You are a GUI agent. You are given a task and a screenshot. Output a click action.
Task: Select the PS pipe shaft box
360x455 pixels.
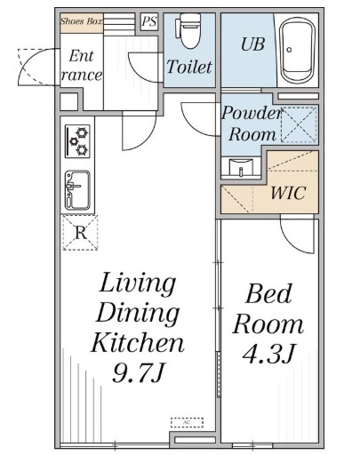point(149,21)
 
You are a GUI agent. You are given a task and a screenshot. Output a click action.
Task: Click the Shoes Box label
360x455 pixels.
point(82,21)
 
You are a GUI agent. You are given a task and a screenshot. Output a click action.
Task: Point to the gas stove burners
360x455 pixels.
point(77,141)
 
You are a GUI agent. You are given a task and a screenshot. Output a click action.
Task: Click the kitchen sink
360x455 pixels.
point(77,190)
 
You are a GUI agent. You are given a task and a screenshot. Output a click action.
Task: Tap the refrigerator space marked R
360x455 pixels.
point(80,233)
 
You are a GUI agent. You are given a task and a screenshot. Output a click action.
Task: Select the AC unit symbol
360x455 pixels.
point(187,422)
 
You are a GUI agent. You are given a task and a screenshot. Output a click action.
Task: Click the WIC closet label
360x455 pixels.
point(288,193)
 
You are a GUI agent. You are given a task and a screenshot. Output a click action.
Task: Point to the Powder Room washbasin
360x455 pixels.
point(241,168)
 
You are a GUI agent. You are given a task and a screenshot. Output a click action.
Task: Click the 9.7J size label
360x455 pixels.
point(138,372)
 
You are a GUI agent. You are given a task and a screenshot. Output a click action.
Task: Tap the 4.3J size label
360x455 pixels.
point(268,354)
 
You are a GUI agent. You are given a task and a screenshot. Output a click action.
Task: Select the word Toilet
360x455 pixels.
point(189,67)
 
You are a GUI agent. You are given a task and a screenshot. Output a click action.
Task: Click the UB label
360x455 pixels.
point(252,44)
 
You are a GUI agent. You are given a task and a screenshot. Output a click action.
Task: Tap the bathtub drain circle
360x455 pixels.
point(289,50)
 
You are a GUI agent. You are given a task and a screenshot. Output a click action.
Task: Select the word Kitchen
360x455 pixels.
point(137,342)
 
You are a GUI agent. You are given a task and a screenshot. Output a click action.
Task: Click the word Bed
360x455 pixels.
point(268,293)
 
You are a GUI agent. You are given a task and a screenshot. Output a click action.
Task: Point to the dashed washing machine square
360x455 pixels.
point(299,124)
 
